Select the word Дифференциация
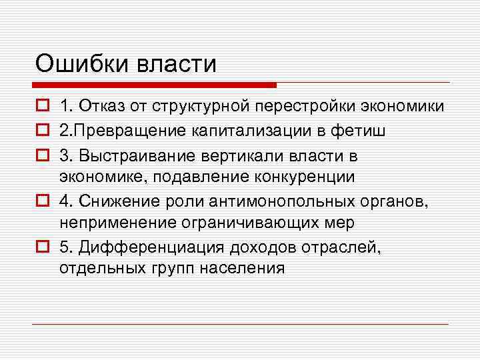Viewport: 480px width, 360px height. pyautogui.click(x=152, y=249)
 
